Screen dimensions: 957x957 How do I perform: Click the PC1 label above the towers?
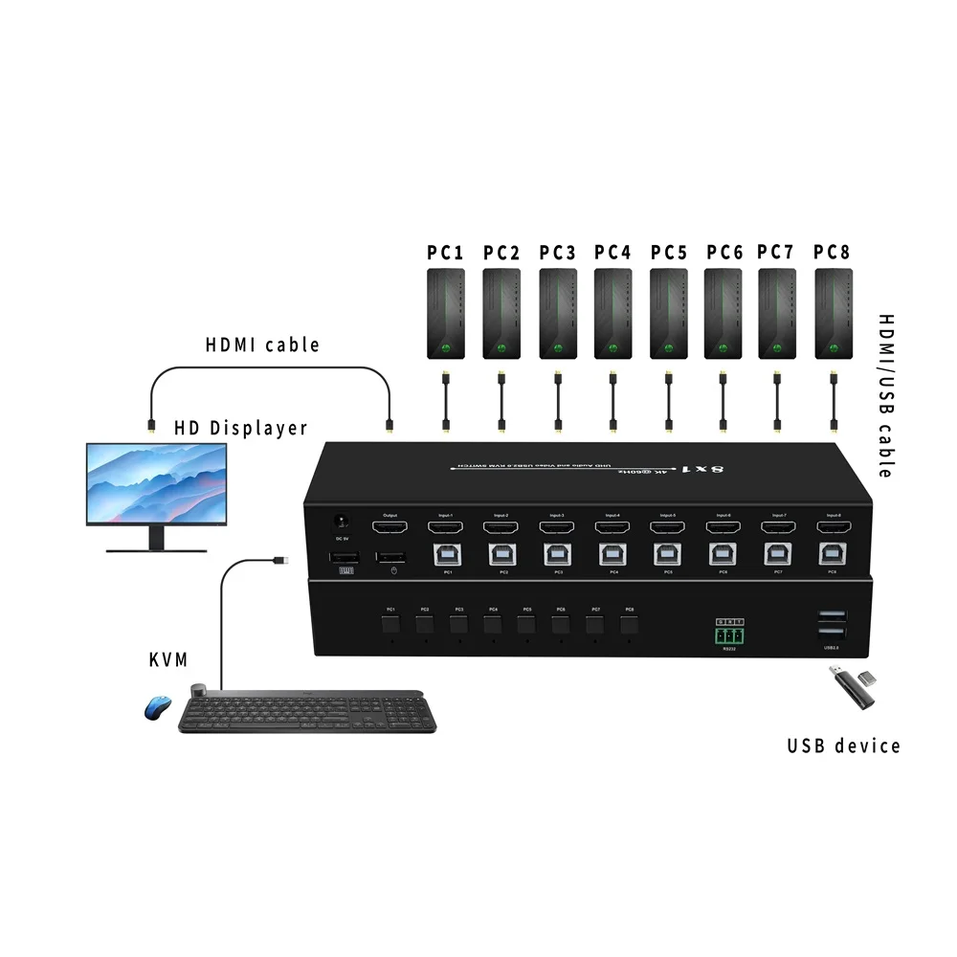[445, 253]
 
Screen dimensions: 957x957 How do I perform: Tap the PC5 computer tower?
[668, 312]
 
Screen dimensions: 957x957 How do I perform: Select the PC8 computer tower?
[833, 312]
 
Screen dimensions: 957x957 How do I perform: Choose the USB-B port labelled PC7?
[778, 553]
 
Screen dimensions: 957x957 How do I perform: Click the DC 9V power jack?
[339, 523]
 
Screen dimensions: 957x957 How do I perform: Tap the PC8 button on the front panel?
[628, 626]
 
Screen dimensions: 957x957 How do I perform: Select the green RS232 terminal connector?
[729, 634]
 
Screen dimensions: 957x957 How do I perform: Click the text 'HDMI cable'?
[262, 345]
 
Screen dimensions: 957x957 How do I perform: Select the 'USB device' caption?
[843, 746]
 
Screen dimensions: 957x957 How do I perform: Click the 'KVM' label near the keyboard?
[168, 659]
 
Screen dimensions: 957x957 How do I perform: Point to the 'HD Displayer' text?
[240, 428]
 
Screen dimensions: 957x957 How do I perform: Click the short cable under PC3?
[557, 401]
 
